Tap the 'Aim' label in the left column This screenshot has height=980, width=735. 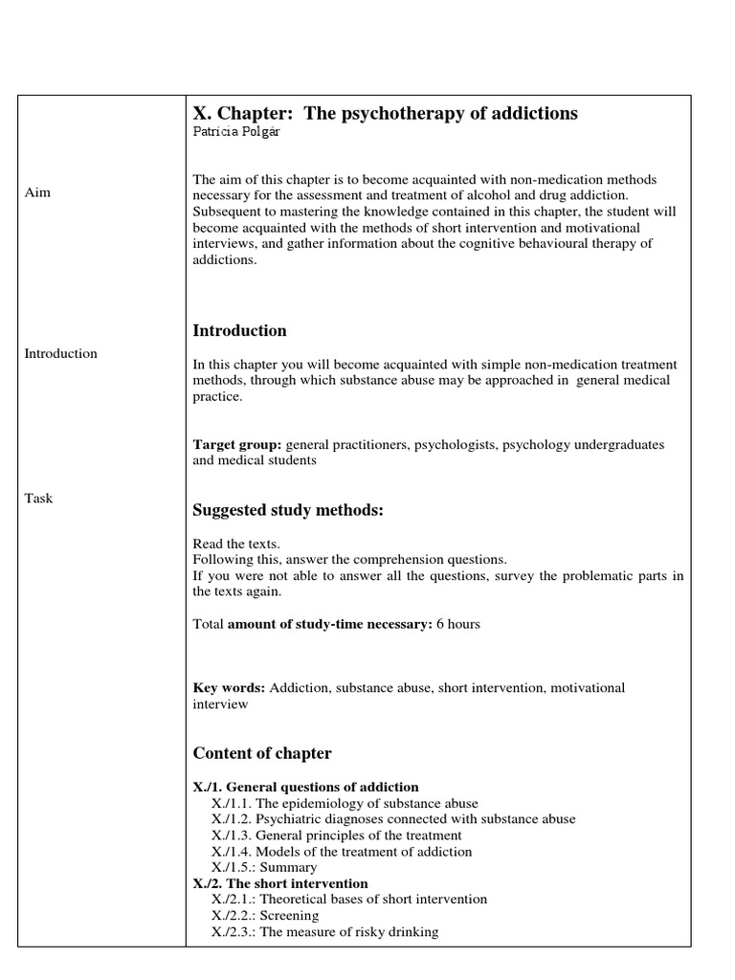[x=37, y=192]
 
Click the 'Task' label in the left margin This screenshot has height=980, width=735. [x=38, y=498]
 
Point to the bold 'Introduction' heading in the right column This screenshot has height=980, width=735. [x=239, y=330]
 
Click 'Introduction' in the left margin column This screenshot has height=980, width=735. [x=60, y=353]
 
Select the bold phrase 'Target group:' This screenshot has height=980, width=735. [x=237, y=445]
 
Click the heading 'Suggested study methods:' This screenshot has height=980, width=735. [x=288, y=510]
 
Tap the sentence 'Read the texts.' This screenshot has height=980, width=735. [x=236, y=544]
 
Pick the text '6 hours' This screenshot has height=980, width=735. [x=459, y=624]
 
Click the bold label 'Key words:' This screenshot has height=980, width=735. [x=230, y=688]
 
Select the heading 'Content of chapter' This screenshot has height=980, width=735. [x=262, y=752]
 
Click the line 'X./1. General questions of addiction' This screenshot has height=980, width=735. [x=305, y=787]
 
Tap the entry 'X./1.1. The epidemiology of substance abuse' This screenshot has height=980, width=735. [x=345, y=803]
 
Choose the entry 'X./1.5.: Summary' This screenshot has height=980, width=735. [x=264, y=867]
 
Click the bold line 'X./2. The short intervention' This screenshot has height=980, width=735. [x=280, y=883]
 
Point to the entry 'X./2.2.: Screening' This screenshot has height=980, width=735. [x=265, y=915]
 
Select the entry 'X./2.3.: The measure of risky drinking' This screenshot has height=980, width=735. [x=325, y=931]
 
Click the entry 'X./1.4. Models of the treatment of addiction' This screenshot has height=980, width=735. [x=342, y=851]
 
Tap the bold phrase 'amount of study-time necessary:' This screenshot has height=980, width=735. [x=330, y=624]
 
